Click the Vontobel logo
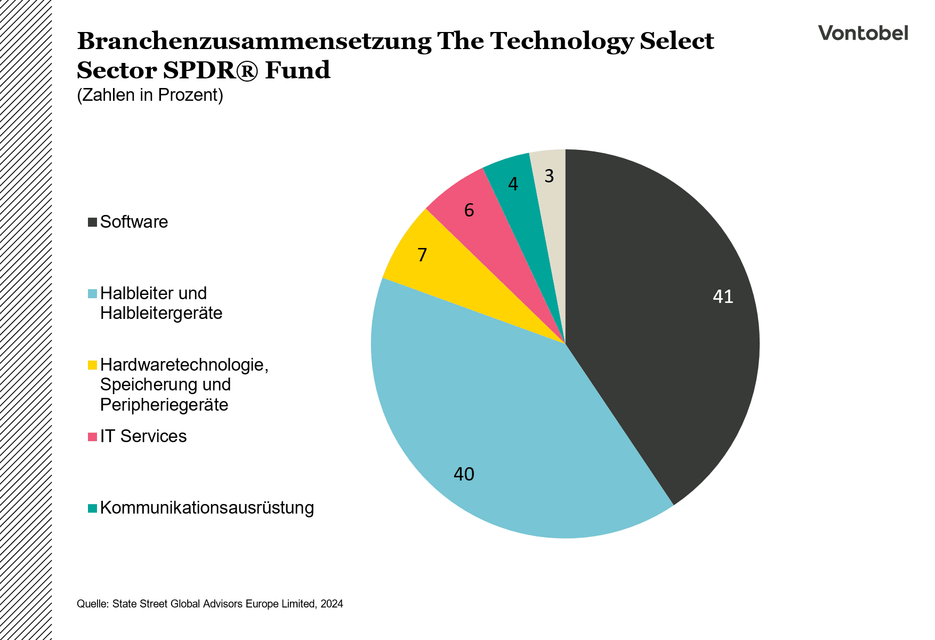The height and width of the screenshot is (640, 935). tap(863, 33)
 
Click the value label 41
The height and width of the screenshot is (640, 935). tap(723, 297)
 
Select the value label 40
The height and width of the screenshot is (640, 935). tap(464, 474)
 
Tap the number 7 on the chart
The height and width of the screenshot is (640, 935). tap(422, 255)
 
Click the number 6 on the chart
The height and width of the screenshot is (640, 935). tap(469, 211)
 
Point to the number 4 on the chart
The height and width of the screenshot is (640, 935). tap(513, 185)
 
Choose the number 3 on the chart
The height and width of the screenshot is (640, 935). tap(549, 176)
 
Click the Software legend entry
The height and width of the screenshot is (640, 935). tap(134, 222)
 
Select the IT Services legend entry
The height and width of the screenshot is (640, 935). tap(143, 436)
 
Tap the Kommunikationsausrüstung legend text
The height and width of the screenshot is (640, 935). tap(207, 508)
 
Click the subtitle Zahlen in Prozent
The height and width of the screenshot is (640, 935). tap(150, 95)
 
